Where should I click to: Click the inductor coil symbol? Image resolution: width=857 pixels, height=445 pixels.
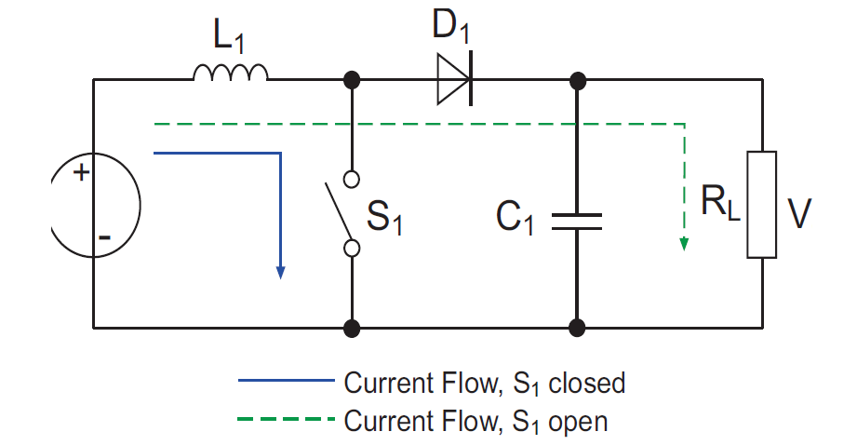coord(231,73)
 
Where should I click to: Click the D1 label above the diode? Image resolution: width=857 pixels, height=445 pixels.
coord(453,28)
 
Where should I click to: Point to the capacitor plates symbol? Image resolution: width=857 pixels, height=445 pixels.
coord(577,221)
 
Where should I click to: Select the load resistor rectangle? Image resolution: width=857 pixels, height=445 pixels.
coord(762,204)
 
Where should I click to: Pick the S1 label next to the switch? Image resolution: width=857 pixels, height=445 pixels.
coord(384,219)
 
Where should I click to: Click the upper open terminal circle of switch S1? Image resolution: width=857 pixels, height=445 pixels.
coord(352,179)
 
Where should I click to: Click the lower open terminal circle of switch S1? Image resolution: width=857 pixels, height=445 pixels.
coord(352,249)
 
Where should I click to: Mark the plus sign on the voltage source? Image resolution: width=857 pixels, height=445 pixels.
coord(81,172)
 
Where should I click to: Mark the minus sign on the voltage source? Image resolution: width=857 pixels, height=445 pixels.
coord(104,237)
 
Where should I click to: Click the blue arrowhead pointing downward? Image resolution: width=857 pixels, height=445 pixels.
coord(280,271)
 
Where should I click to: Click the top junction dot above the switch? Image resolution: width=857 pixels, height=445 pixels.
coord(352,80)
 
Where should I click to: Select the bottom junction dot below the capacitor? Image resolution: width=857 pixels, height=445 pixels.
coord(577,328)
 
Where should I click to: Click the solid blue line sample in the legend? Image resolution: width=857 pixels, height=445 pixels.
coord(285,381)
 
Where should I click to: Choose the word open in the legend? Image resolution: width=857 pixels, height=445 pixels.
coord(576,422)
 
